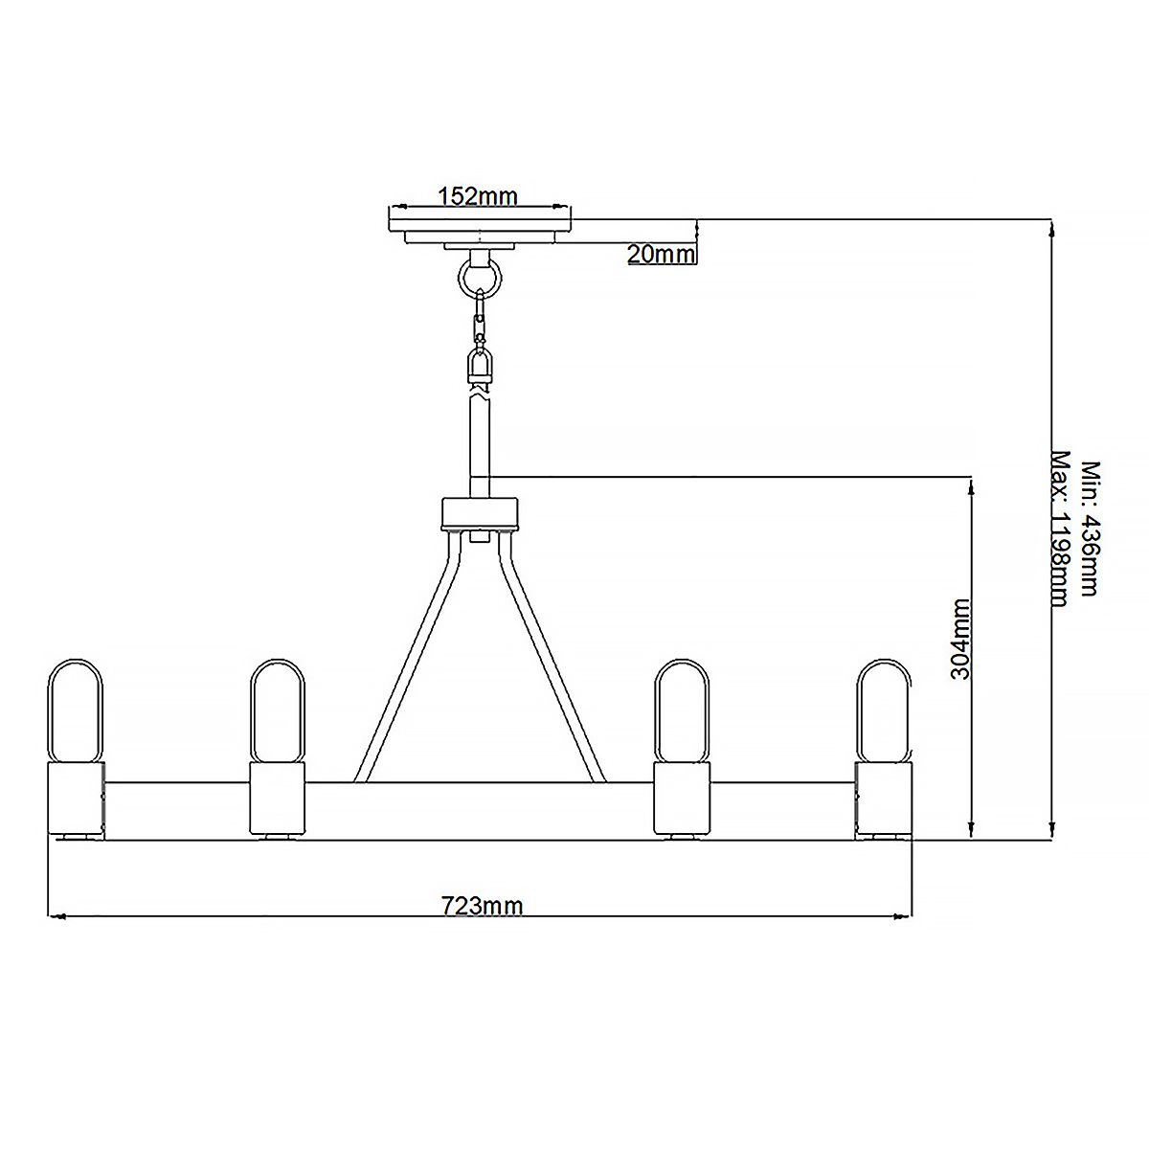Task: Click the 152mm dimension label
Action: coord(477,196)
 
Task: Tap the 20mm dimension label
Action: coord(660,254)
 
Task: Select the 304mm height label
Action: coord(960,639)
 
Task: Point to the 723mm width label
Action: coord(482,905)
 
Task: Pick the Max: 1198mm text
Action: coord(1060,529)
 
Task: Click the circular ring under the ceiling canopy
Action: coord(479,279)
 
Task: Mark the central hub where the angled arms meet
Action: coord(479,514)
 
